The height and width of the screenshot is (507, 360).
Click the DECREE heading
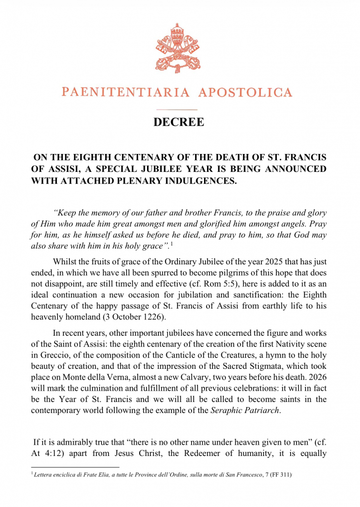[x=179, y=122]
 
